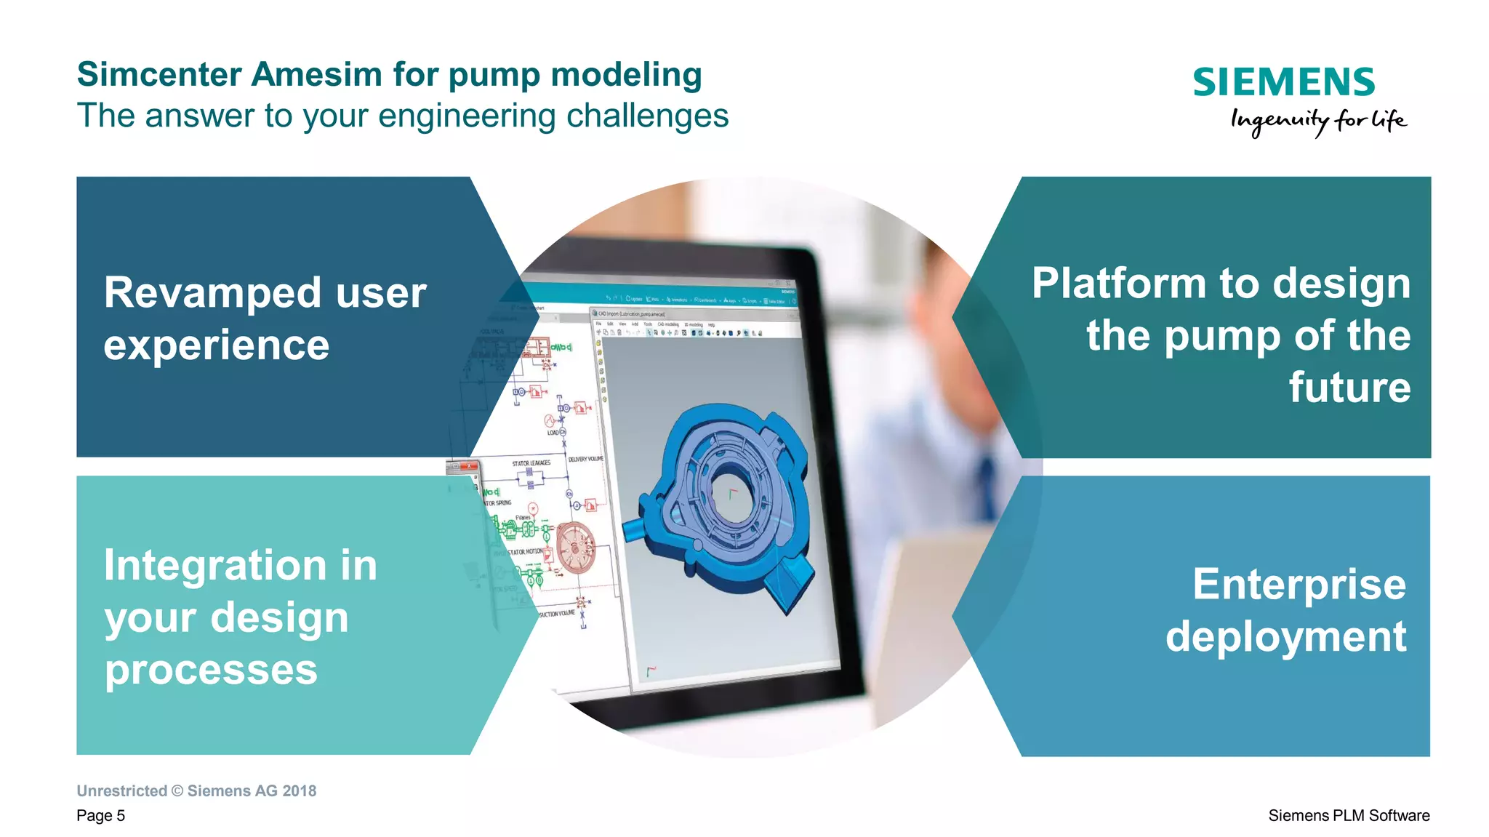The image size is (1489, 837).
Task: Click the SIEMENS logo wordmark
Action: pos(1283,82)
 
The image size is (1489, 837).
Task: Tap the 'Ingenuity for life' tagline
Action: pos(1317,121)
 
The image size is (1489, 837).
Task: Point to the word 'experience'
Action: pos(216,345)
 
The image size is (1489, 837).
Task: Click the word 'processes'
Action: pos(211,670)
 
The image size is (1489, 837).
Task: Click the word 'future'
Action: pos(1349,388)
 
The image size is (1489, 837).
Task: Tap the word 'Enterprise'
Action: pos(1299,585)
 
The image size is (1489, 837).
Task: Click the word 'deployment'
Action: pos(1285,637)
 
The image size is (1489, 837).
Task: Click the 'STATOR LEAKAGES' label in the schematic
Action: pos(531,463)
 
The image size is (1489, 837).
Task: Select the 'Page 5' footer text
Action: pos(101,816)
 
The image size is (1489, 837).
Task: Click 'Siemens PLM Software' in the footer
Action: pos(1349,816)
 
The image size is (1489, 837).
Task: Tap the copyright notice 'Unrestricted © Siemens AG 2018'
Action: pos(196,791)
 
